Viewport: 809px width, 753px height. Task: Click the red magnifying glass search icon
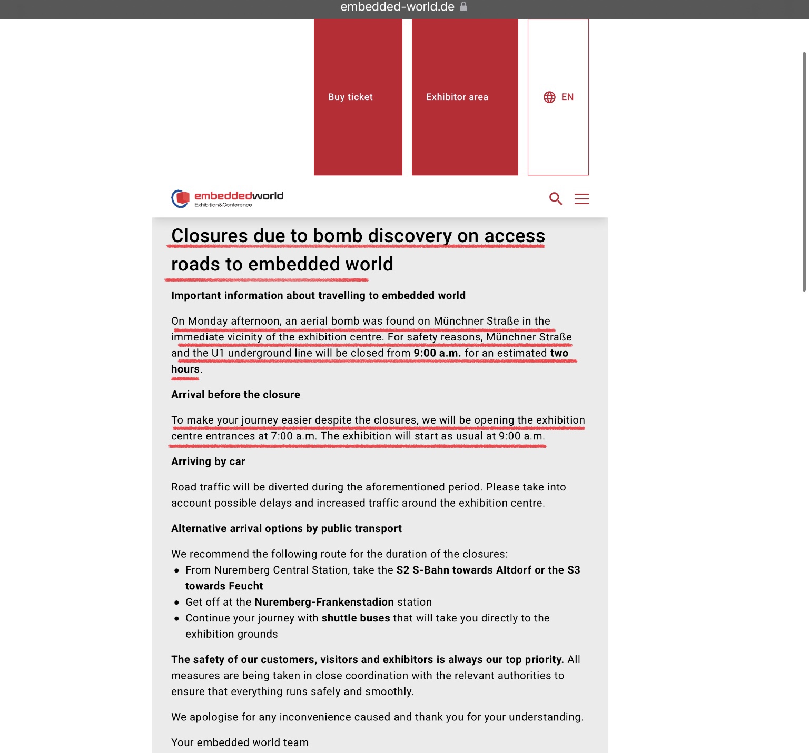point(556,198)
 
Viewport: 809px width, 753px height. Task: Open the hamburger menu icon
point(581,198)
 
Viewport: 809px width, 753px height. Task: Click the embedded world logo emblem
point(181,198)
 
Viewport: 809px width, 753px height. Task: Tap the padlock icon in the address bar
point(463,7)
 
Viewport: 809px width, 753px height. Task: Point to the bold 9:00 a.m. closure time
point(437,353)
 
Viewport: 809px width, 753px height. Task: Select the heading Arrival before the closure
point(235,395)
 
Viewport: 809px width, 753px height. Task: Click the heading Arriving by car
point(208,461)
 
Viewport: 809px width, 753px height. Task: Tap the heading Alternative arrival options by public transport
point(286,528)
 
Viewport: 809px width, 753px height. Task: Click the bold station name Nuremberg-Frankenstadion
point(324,602)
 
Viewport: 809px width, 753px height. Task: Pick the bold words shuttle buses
point(356,618)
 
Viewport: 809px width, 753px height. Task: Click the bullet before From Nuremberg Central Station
point(176,570)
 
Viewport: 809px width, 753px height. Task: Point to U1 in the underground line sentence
point(218,353)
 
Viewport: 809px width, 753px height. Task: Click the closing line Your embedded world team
point(240,742)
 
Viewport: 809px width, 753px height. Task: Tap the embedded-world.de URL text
point(397,7)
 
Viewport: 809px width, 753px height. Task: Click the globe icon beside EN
point(549,97)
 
